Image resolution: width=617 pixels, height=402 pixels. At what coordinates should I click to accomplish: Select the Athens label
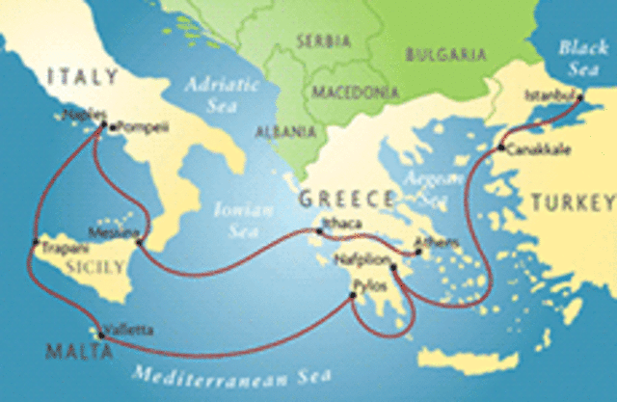pyautogui.click(x=430, y=242)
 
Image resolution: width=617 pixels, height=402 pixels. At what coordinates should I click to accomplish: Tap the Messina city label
pyautogui.click(x=108, y=232)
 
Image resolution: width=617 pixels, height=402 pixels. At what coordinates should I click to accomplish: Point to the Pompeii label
pyautogui.click(x=135, y=126)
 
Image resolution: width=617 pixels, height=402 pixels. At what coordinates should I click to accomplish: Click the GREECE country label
pyautogui.click(x=347, y=200)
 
